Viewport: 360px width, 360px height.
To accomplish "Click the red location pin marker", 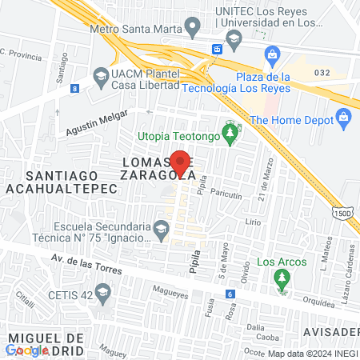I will (x=181, y=163).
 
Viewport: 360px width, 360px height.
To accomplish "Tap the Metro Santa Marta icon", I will (x=192, y=29).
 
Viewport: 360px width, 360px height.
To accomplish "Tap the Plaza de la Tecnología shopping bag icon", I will (x=273, y=55).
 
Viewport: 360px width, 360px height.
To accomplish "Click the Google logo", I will (x=27, y=350).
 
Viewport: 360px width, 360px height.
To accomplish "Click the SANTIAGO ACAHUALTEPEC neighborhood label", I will (x=61, y=181).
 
